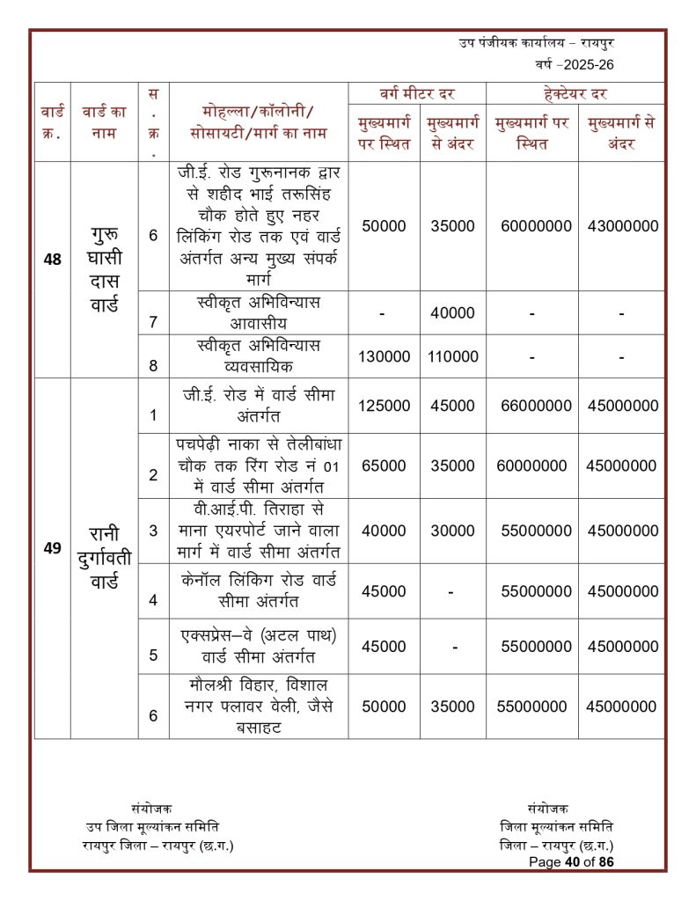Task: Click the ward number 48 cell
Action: pyautogui.click(x=52, y=260)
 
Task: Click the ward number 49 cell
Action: pyautogui.click(x=52, y=548)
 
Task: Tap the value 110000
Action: pyautogui.click(x=452, y=356)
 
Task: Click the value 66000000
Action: pyautogui.click(x=536, y=406)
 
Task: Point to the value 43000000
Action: pyautogui.click(x=623, y=226)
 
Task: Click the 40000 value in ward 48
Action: pyautogui.click(x=452, y=313)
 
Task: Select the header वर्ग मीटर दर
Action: pyautogui.click(x=416, y=93)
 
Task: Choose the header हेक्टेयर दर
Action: pyautogui.click(x=575, y=93)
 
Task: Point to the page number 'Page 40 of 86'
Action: pyautogui.click(x=571, y=862)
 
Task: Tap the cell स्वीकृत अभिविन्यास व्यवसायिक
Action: pyautogui.click(x=259, y=355)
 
